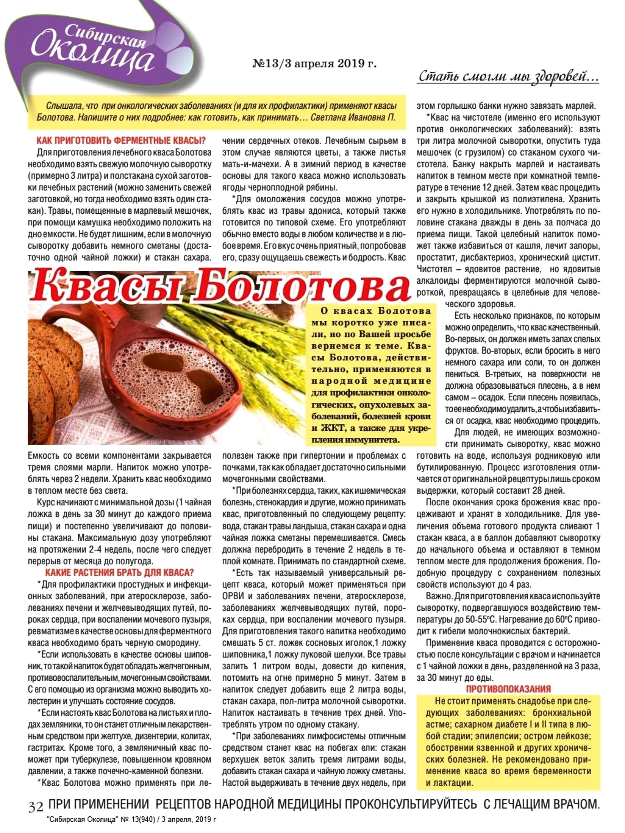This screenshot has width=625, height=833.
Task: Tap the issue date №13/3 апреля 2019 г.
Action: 314,63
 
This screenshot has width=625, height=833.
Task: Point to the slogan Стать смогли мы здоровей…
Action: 508,76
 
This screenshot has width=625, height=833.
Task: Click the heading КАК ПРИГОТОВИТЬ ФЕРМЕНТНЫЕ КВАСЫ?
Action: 121,141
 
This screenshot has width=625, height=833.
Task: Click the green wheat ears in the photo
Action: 259,333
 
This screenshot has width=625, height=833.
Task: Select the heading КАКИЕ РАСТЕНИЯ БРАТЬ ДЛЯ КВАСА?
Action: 119,573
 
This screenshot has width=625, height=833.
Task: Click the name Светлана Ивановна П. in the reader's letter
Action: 353,118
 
